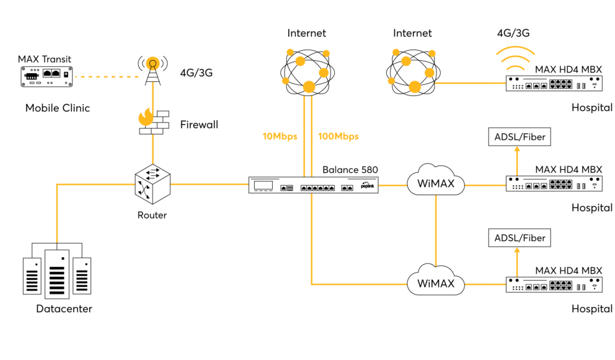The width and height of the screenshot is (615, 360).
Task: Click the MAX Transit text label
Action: [45, 59]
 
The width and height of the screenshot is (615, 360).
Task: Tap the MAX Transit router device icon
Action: [45, 77]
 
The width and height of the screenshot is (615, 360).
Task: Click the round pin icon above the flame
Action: [152, 63]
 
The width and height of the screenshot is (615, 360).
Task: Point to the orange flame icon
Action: [146, 116]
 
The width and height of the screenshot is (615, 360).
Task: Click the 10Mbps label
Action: [280, 136]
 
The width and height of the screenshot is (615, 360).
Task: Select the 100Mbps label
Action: [338, 136]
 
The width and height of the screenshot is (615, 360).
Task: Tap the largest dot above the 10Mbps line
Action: [308, 86]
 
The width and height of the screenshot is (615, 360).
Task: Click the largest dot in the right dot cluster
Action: [414, 86]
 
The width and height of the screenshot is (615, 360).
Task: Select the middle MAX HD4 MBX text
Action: [569, 169]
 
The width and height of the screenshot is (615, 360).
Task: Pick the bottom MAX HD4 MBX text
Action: [569, 271]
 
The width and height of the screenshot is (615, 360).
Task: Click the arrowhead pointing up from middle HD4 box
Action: [517, 149]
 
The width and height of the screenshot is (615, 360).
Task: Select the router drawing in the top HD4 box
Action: [554, 83]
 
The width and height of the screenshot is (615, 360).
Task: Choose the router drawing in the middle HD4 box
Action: [554, 184]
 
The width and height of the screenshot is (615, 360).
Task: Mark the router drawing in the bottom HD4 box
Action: [554, 285]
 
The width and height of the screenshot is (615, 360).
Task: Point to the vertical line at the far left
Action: [57, 214]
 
